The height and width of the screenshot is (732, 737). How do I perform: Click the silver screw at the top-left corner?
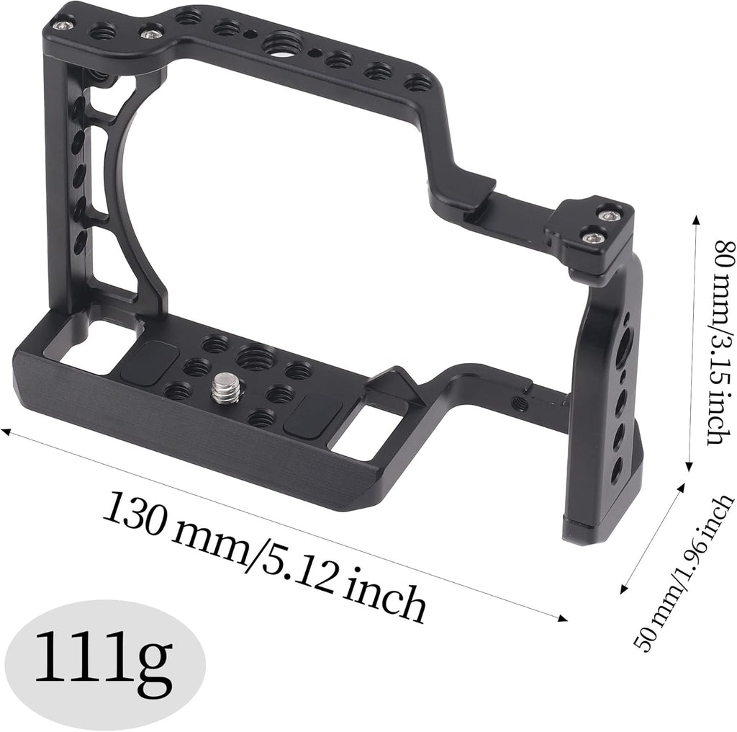click(x=67, y=25)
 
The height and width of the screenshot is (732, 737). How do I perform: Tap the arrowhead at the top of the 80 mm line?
click(x=696, y=216)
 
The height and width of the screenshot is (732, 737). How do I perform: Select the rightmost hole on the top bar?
click(x=417, y=84)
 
